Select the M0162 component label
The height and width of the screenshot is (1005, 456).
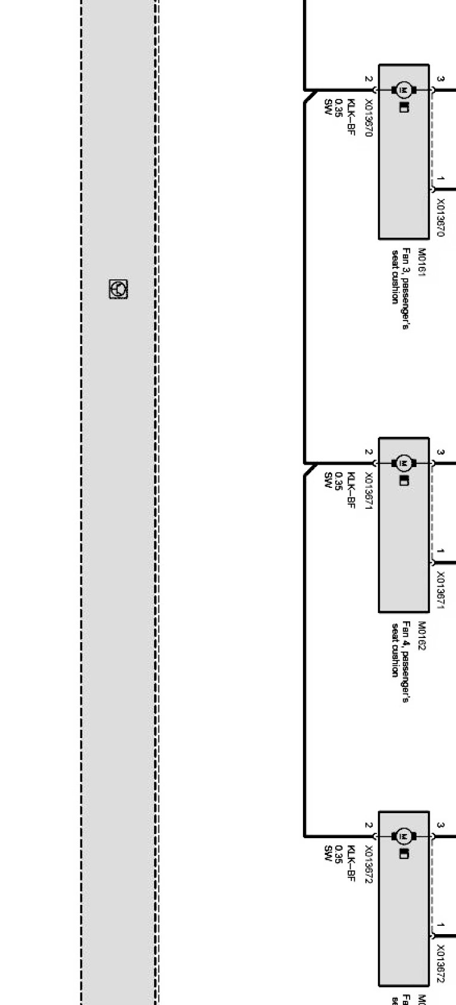422,635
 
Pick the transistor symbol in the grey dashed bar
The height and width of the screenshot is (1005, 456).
118,289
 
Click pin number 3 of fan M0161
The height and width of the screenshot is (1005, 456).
441,79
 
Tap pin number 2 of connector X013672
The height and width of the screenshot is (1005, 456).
368,826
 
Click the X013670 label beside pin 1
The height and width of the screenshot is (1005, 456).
441,217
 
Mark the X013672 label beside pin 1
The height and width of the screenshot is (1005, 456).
441,963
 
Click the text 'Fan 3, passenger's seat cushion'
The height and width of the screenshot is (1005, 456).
399,276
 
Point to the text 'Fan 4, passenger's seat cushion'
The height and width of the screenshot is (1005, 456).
399,649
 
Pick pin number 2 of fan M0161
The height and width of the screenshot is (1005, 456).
368,79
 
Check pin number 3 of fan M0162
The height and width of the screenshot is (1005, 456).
441,452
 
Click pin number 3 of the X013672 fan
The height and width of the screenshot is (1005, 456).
441,826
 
